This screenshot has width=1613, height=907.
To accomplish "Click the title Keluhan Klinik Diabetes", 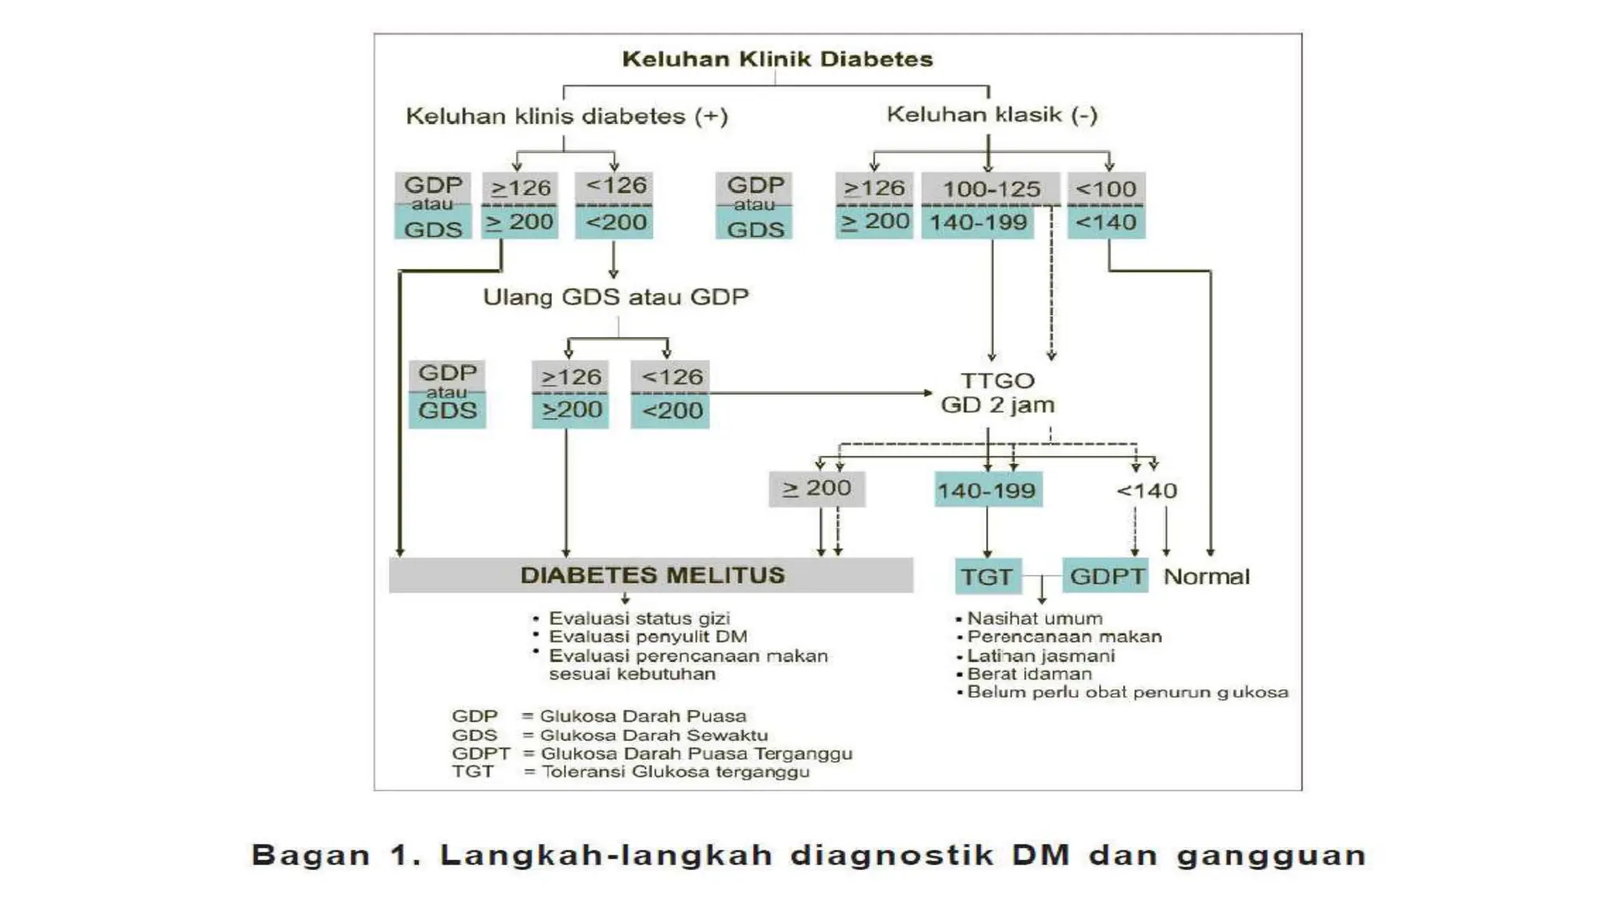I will coord(777,60).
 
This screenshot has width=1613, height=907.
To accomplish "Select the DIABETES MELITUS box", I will coord(651,576).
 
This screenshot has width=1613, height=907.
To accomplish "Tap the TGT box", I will coord(987,576).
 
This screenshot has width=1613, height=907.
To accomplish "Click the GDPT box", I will coord(1106,576).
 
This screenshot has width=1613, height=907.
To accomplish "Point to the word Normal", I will coord(1206,576).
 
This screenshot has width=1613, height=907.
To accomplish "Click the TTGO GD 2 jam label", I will coord(997,393).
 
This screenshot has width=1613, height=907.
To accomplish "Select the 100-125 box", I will coord(991,190).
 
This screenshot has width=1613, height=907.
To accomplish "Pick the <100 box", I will coord(1106,190).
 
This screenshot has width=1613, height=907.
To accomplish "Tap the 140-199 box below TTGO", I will coord(987,491).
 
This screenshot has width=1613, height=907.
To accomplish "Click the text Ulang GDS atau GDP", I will coord(615,298).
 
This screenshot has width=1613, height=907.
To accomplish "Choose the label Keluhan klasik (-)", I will coord(992,115).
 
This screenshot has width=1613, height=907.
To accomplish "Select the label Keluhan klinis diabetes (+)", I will coord(566,117).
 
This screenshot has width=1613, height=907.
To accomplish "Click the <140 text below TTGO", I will coord(1146,491).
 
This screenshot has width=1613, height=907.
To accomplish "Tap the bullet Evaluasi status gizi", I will coord(639,619).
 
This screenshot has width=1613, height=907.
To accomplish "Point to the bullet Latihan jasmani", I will coord(1040,656).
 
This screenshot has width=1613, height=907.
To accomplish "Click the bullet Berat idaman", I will coord(1029,674).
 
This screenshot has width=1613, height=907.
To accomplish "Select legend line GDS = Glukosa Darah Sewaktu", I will coord(610,735).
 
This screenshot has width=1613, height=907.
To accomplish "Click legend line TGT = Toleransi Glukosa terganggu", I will coord(630,772).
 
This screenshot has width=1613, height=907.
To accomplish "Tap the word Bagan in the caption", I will coord(310,855).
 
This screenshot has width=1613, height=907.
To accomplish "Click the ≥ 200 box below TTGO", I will coord(817,489).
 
